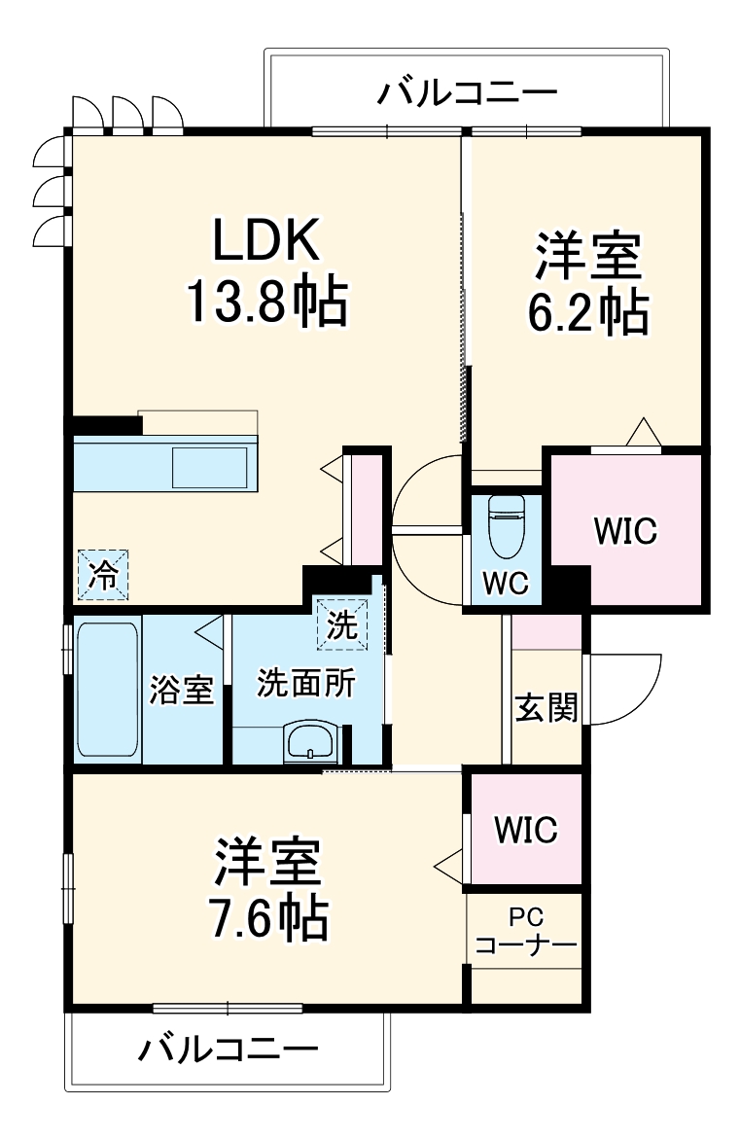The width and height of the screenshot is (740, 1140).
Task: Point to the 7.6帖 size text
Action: click(x=266, y=917)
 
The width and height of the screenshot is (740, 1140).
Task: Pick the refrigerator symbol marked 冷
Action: click(x=102, y=574)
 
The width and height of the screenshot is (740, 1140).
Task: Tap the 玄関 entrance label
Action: click(x=546, y=708)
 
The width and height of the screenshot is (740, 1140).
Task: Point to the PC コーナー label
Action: click(x=527, y=931)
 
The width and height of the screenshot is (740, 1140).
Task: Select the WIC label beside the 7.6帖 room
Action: click(x=525, y=830)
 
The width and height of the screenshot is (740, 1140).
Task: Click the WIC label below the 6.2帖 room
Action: click(x=625, y=531)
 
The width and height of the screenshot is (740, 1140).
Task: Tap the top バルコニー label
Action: click(x=468, y=93)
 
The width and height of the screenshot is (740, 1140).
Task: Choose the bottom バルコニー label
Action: click(x=228, y=1050)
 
